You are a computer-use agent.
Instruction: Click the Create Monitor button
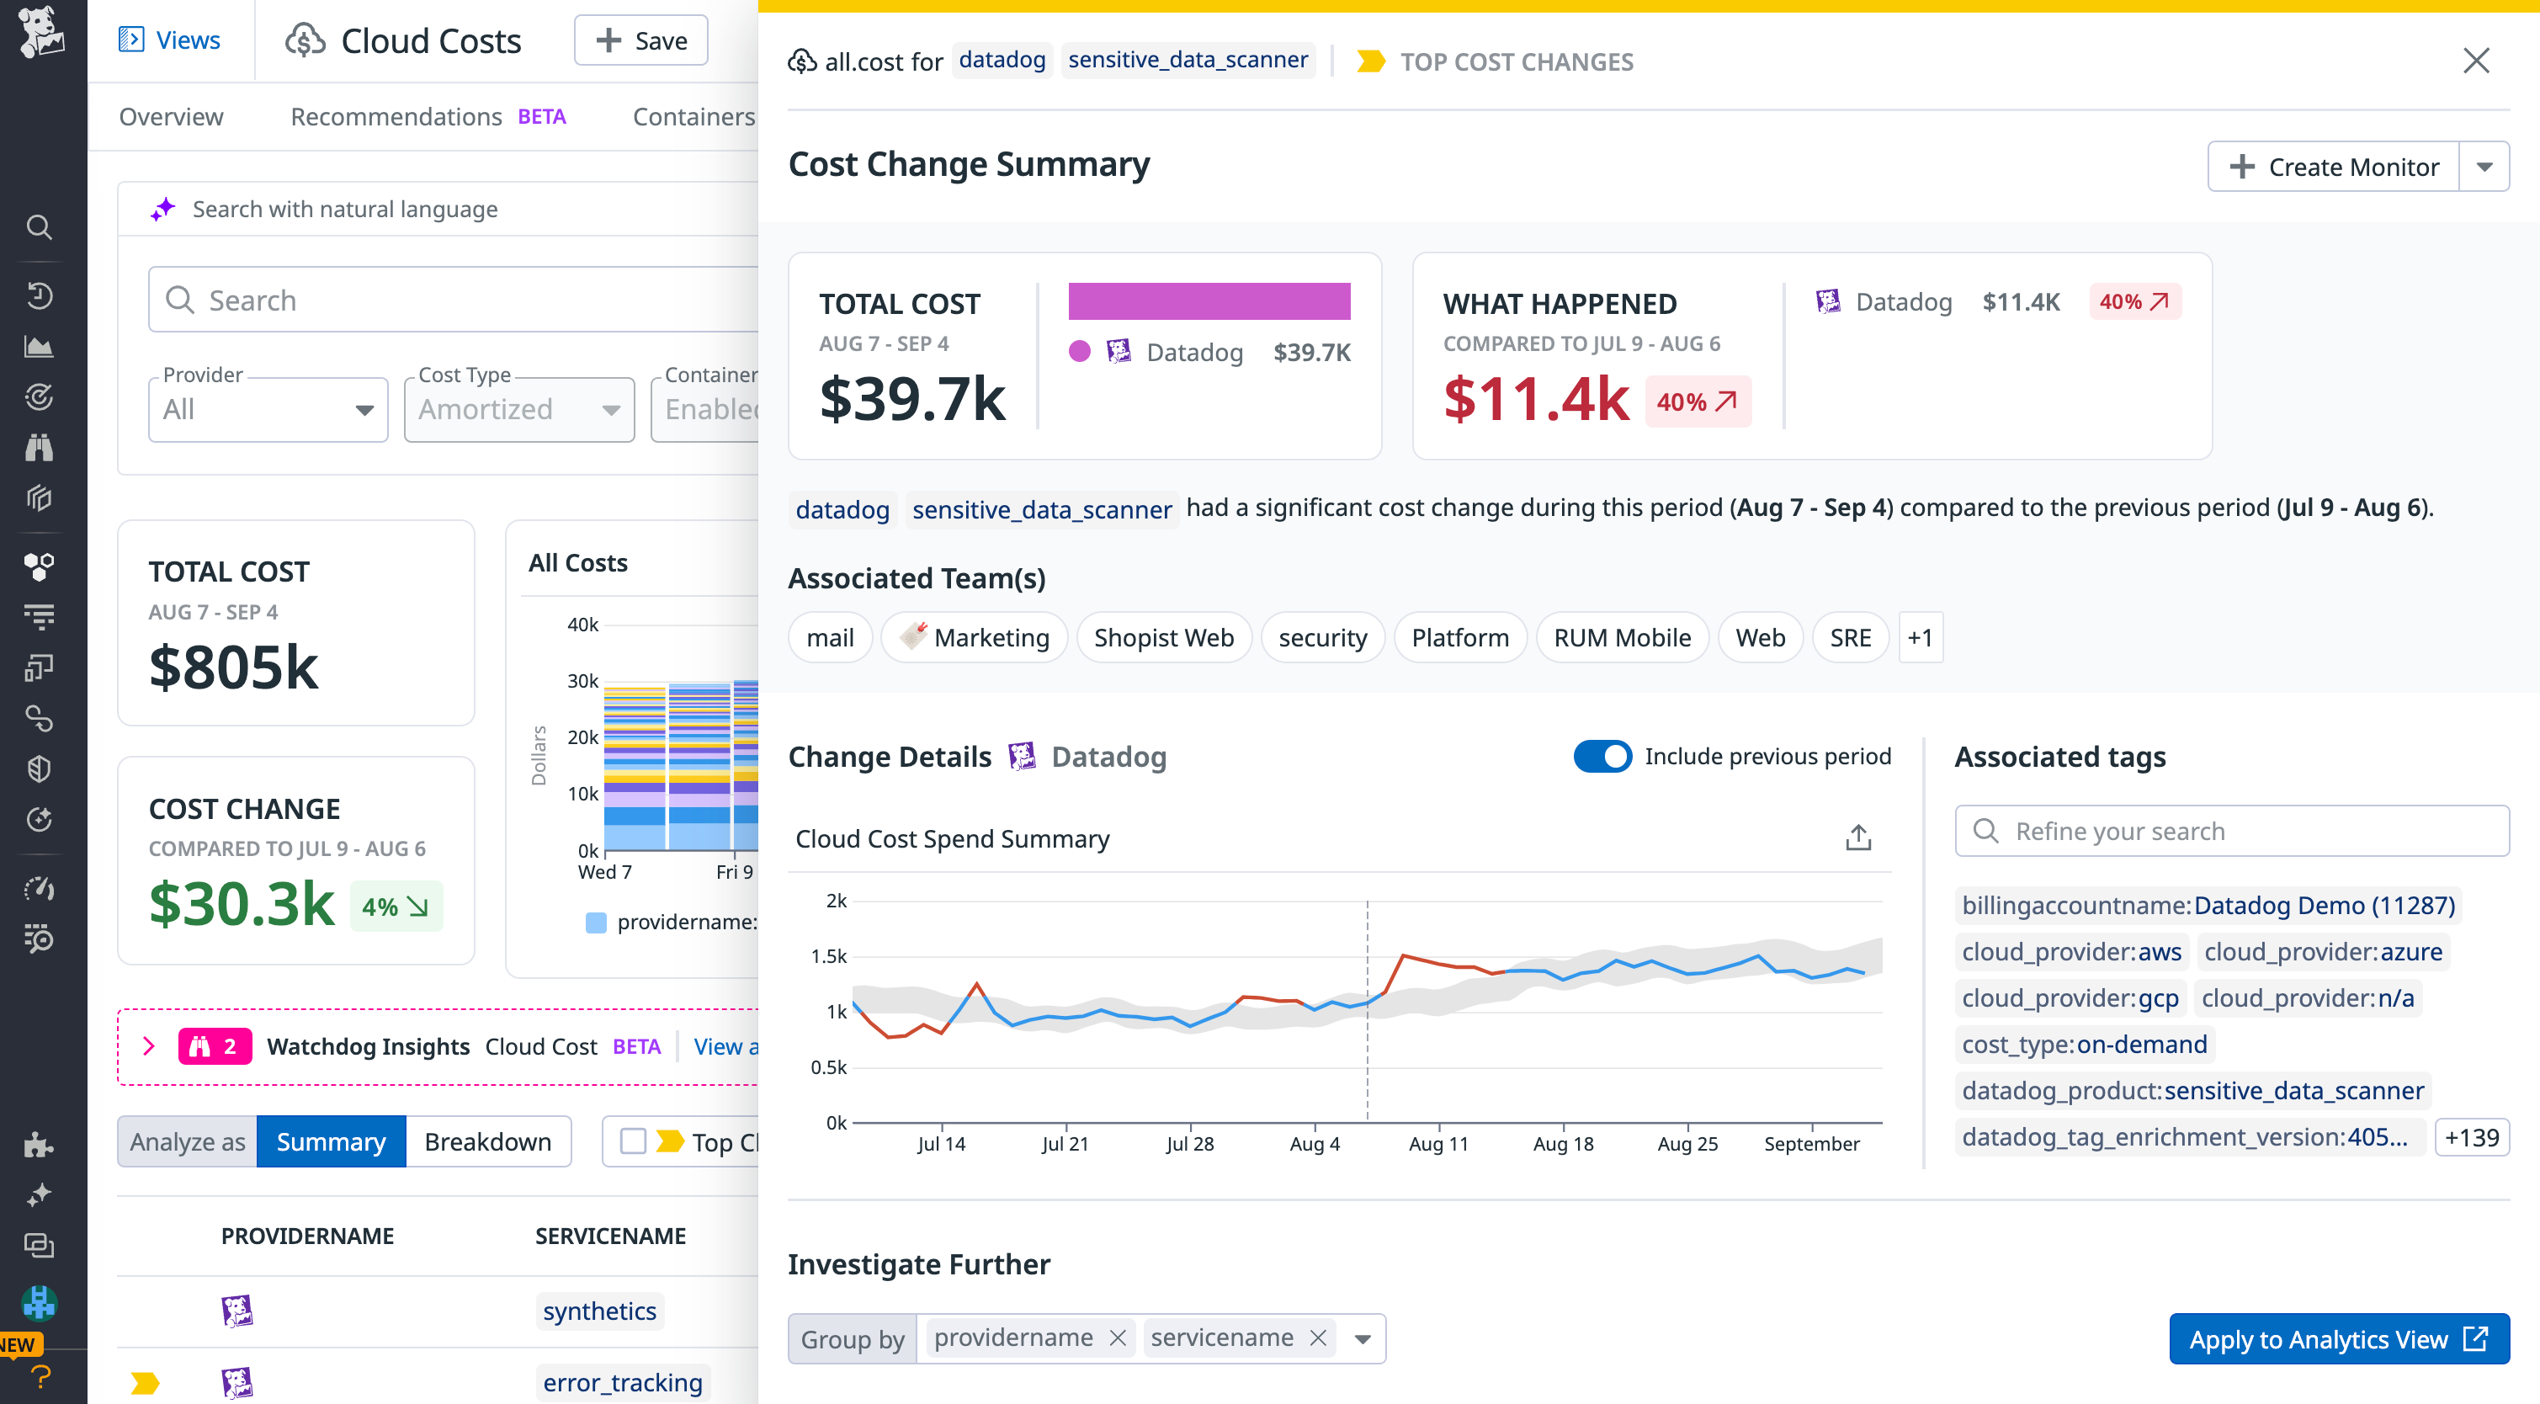tap(2333, 167)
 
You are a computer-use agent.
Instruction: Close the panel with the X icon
tap(2475, 61)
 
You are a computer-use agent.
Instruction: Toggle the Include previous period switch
tap(1602, 756)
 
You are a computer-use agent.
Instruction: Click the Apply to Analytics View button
tap(2338, 1338)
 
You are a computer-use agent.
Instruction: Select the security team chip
tap(1321, 638)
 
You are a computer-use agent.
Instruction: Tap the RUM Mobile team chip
tap(1621, 638)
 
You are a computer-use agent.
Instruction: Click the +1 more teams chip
tap(1919, 638)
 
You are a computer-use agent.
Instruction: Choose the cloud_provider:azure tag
tap(2322, 951)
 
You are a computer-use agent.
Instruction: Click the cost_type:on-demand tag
tap(2084, 1044)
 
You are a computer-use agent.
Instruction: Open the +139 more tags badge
tap(2470, 1137)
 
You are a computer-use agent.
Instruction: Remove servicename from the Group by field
tap(1317, 1338)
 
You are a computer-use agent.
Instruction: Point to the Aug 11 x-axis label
tap(1437, 1144)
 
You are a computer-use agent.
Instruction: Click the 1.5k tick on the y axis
tap(828, 956)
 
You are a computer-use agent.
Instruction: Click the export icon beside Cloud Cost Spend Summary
tap(1857, 838)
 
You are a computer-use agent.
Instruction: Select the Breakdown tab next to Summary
tap(487, 1141)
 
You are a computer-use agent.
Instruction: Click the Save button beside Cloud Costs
tap(641, 40)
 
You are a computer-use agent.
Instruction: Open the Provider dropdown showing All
tap(267, 409)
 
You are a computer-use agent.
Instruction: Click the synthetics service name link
tap(598, 1311)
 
